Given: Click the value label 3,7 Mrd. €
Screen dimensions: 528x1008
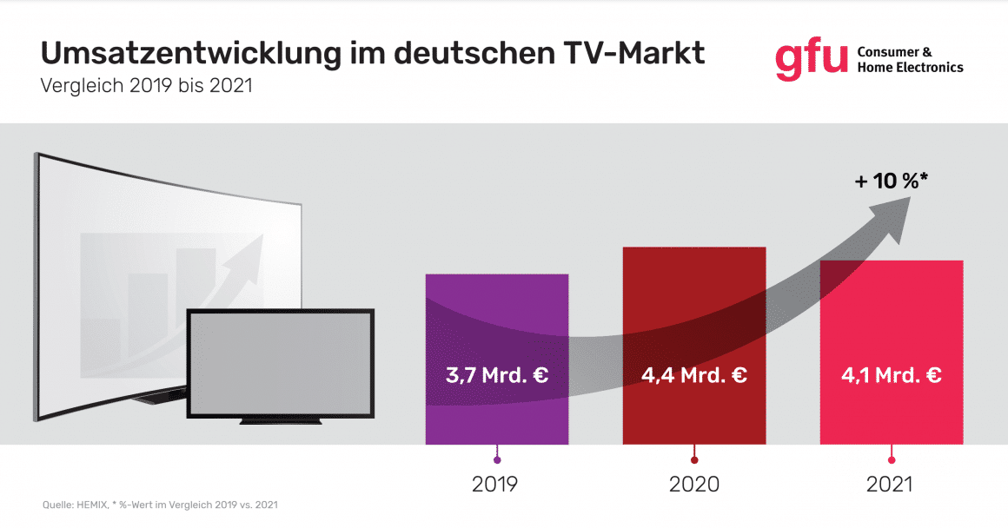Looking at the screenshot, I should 496,376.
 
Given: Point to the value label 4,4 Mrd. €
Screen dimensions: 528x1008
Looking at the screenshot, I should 693,376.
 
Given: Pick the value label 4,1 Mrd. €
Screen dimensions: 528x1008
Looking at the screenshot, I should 891,376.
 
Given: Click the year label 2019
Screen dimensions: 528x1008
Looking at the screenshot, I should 496,485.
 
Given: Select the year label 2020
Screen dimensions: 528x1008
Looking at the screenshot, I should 693,485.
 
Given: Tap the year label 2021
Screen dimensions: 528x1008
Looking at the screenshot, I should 891,485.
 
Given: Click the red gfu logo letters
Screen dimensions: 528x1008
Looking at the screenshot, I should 810,58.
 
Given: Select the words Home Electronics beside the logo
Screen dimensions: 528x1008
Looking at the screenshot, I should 910,68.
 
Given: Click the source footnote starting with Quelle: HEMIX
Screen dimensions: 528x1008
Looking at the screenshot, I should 160,505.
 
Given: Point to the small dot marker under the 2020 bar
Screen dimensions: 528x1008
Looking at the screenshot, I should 693,459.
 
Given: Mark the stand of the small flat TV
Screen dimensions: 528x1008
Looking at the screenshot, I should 281,421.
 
